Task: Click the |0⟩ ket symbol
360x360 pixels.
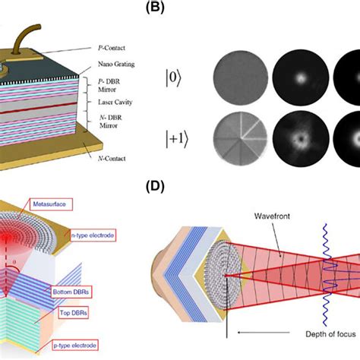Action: [170, 77]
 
